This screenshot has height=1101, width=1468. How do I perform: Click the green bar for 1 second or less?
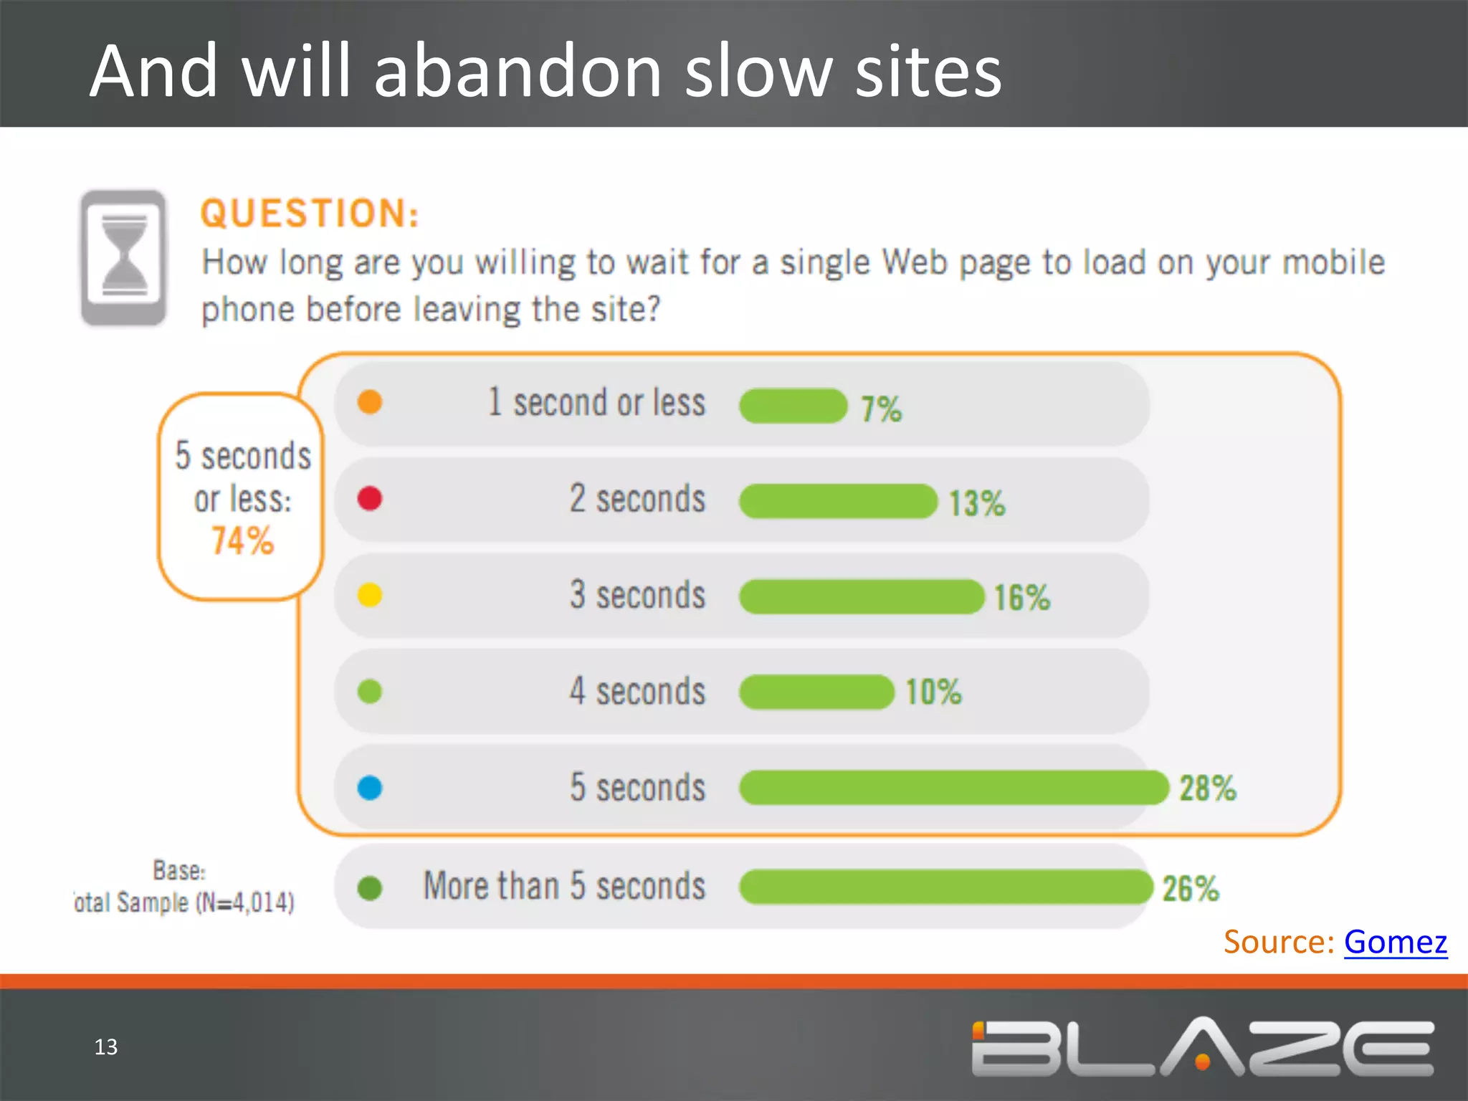pos(793,406)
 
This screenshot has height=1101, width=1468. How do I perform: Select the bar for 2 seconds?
pos(838,501)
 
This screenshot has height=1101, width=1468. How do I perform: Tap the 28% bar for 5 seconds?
pos(953,788)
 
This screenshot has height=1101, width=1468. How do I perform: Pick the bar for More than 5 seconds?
pos(945,887)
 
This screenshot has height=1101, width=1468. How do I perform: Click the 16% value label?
pos(1021,598)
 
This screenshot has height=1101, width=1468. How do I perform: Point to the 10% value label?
pos(933,692)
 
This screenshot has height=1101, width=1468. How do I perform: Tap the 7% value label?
pos(881,409)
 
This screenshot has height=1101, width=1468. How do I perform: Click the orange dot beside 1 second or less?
pos(370,402)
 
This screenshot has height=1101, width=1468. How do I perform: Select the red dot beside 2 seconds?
pos(370,498)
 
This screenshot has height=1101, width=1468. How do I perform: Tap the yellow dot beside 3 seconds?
pos(370,595)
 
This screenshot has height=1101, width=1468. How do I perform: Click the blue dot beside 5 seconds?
pos(370,788)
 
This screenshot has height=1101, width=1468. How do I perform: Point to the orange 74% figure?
pos(242,541)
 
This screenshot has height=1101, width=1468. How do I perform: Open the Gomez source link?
pos(1395,942)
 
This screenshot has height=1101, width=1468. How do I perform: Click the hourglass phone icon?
pos(124,258)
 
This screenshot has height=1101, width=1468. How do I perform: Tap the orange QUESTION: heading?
pos(310,214)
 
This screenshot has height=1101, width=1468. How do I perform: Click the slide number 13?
pos(106,1047)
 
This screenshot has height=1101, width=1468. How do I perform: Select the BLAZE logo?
pos(1202,1047)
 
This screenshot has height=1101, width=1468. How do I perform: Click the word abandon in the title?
pos(518,72)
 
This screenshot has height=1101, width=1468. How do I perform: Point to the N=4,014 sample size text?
pos(245,902)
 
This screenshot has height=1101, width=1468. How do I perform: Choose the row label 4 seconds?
pos(637,692)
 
